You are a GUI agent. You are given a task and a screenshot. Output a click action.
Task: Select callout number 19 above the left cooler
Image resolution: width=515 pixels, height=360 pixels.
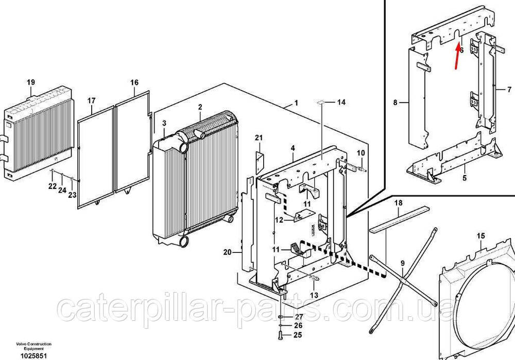[x=31, y=82]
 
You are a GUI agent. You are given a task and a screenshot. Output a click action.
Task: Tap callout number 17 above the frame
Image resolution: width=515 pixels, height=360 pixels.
[x=91, y=100]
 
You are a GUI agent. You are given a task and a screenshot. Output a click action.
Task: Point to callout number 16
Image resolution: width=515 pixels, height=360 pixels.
[x=134, y=82]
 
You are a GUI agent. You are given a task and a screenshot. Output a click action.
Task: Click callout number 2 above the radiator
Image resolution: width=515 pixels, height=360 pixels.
[x=200, y=107]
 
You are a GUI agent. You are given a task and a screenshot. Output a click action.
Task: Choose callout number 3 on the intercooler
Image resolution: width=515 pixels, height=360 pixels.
[x=164, y=123]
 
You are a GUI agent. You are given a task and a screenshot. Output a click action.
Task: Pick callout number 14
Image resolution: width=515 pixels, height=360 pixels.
[x=341, y=102]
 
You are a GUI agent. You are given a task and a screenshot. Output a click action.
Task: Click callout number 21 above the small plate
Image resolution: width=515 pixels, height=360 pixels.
[x=259, y=138]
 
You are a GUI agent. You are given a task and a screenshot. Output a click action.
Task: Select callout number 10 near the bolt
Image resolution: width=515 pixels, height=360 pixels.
[x=361, y=153]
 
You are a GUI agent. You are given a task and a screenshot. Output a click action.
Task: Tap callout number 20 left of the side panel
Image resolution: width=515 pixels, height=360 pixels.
[x=227, y=252]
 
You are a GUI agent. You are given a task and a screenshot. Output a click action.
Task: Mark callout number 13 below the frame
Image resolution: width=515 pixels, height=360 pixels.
[x=314, y=295]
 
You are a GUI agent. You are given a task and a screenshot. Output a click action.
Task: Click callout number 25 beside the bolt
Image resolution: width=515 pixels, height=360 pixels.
[x=298, y=335]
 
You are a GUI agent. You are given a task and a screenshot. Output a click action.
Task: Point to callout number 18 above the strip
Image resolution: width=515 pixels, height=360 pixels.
[x=398, y=203]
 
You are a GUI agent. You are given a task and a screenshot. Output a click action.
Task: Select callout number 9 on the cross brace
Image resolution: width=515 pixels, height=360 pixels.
[x=403, y=263]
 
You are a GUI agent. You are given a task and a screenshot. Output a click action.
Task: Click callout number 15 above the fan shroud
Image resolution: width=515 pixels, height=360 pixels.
[x=481, y=236]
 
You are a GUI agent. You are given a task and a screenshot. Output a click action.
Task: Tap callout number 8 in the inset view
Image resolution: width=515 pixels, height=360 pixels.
[x=396, y=102]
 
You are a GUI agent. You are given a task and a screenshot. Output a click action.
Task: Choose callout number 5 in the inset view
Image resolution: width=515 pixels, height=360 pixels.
[x=465, y=178]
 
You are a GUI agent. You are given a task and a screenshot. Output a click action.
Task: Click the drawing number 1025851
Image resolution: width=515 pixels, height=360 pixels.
[x=34, y=356]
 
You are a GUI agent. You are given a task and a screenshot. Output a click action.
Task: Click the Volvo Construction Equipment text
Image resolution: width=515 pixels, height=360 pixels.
[x=34, y=346]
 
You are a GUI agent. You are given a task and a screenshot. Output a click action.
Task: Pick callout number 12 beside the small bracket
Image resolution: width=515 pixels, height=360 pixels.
[x=279, y=220]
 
